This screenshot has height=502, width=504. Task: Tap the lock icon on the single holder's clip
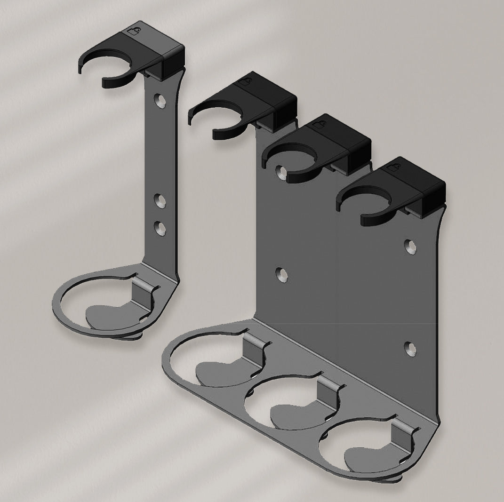click(x=134, y=32)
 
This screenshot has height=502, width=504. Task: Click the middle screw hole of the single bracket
click(x=161, y=201)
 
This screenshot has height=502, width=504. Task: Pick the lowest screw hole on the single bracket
click(x=161, y=229)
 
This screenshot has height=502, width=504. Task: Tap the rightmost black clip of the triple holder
click(x=395, y=188)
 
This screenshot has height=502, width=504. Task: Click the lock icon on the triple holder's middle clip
click(x=319, y=125)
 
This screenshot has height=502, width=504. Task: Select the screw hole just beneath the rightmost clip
click(x=411, y=247)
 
